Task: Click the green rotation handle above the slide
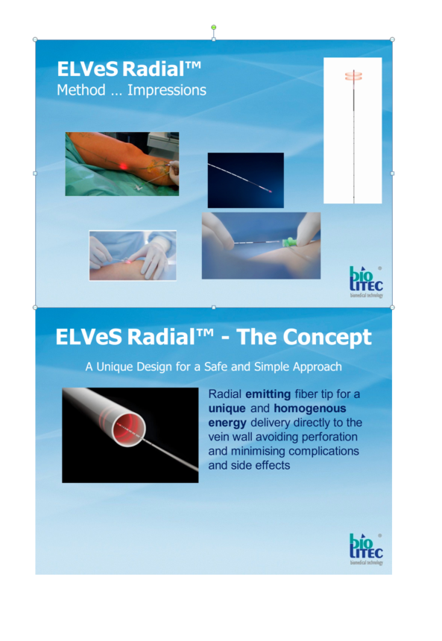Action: [213, 27]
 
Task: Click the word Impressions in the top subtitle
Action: [167, 90]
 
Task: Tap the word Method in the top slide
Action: [81, 90]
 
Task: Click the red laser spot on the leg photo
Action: [123, 165]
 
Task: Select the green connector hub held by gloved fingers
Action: [288, 242]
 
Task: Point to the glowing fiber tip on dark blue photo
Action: [270, 191]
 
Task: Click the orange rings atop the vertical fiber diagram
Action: [353, 76]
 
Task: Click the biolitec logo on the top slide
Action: [366, 282]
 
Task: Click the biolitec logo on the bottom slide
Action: [366, 549]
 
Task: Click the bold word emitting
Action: [268, 394]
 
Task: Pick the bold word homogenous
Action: [310, 408]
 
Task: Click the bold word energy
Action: [227, 423]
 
